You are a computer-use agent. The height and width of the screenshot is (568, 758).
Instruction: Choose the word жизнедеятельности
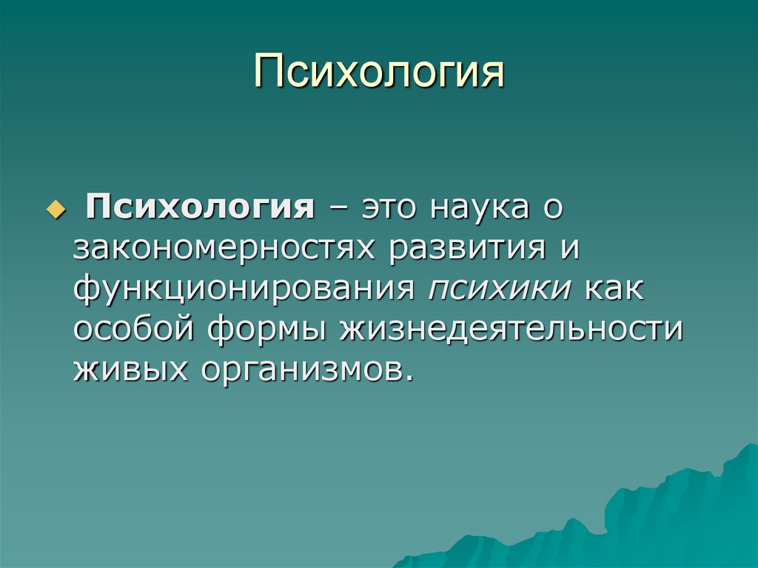tap(511, 328)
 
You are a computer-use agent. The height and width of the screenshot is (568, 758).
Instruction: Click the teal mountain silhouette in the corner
tap(666, 518)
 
